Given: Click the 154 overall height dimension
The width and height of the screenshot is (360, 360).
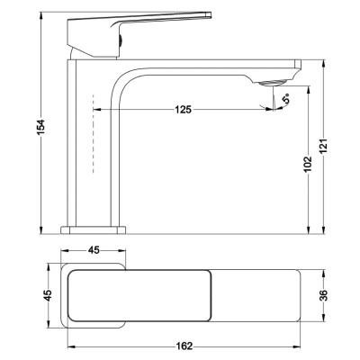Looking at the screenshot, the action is [x=41, y=127].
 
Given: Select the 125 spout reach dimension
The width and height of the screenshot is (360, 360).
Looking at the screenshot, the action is [x=183, y=110].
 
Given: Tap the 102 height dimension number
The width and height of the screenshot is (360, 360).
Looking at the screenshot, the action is [x=308, y=165].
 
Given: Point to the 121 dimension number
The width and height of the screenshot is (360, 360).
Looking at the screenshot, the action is [x=323, y=146].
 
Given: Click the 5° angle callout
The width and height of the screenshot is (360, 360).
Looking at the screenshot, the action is [x=287, y=98].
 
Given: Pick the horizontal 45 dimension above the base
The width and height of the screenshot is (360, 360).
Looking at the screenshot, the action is [x=94, y=250].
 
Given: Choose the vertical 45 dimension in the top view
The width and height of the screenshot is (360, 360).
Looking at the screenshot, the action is [x=48, y=295].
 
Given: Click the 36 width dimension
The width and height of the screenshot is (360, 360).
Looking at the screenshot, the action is [x=323, y=295].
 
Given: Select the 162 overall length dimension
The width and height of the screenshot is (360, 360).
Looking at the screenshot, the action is [x=184, y=346].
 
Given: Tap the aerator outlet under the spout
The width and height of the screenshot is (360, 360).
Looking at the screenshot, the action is [x=271, y=82].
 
